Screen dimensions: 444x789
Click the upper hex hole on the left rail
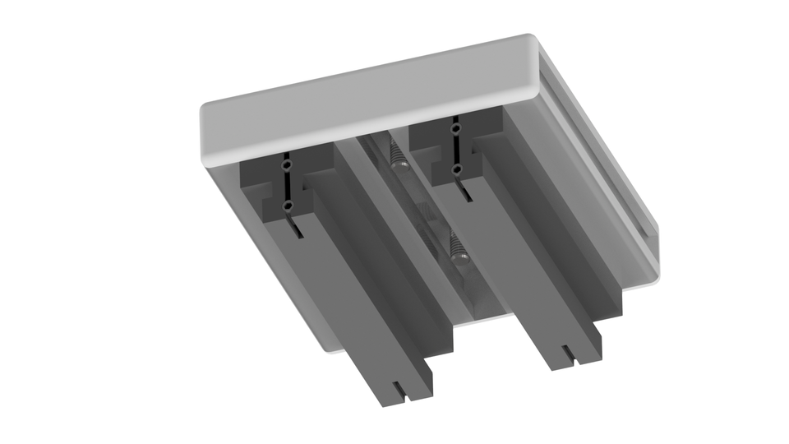tap(287, 166)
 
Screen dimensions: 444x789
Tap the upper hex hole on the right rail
tap(454, 129)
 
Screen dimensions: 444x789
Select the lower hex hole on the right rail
tap(457, 169)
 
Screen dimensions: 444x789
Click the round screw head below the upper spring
tap(401, 164)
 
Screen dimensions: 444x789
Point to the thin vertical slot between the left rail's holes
tap(287, 186)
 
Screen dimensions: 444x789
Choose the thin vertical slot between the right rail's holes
tap(455, 149)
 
